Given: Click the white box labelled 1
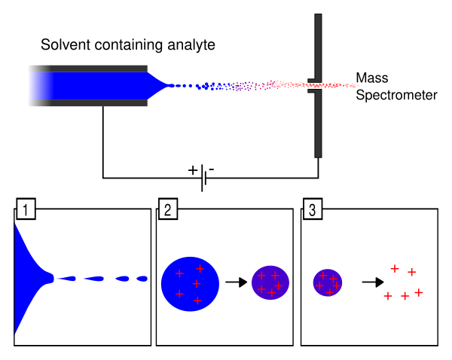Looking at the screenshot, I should click(x=26, y=209).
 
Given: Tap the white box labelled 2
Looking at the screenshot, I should click(x=168, y=209).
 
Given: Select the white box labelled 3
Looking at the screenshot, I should click(x=313, y=209).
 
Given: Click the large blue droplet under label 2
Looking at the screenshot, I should click(x=190, y=284).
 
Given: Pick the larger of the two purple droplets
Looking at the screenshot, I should click(x=270, y=282).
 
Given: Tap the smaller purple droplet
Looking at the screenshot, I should click(x=328, y=282).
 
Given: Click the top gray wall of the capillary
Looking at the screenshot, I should click(x=87, y=69).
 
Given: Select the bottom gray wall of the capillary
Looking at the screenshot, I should click(x=87, y=103).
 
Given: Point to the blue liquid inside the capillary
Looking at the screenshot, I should click(x=87, y=86).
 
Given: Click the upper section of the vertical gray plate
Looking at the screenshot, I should click(x=318, y=45).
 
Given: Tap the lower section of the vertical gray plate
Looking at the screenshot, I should click(x=318, y=124).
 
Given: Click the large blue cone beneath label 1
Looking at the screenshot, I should click(x=26, y=279).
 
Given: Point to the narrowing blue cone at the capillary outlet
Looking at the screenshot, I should click(x=156, y=85).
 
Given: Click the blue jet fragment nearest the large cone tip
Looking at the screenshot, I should click(x=66, y=279).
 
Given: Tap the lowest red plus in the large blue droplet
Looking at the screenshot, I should click(x=197, y=301).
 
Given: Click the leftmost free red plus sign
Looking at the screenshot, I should click(x=388, y=296).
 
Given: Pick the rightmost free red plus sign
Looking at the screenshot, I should click(x=419, y=292).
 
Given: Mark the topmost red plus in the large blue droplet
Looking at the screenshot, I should click(x=200, y=268).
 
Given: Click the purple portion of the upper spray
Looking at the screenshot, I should click(x=245, y=87).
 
